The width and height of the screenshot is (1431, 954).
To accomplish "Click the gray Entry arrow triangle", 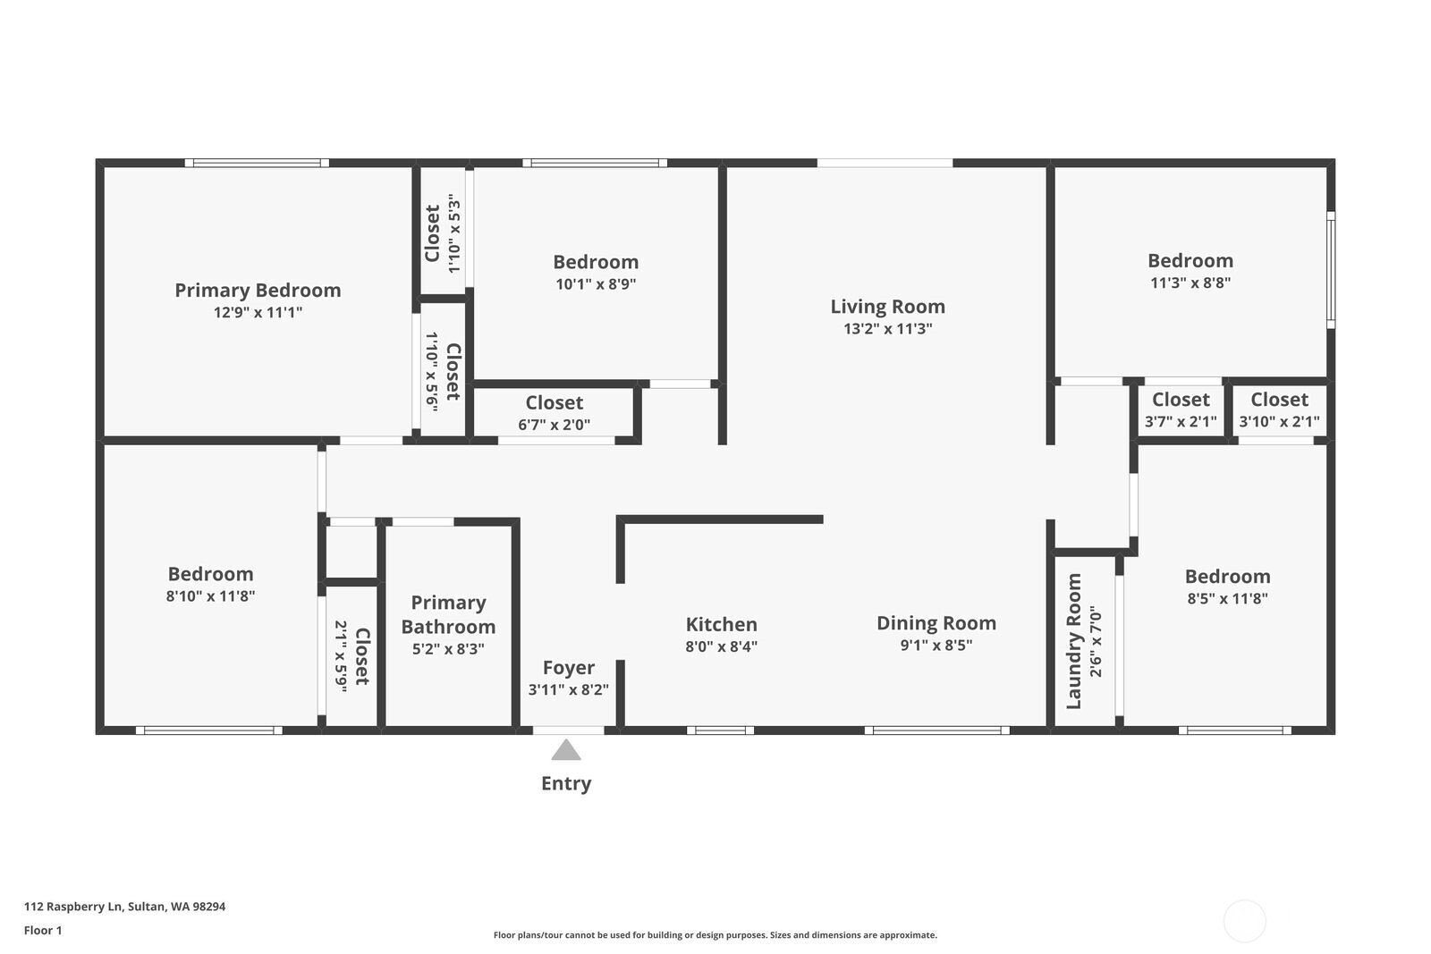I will pyautogui.click(x=565, y=750).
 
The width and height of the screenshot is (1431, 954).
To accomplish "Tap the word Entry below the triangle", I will pyautogui.click(x=566, y=784).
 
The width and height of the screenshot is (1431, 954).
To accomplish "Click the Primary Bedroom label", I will pyautogui.click(x=258, y=291).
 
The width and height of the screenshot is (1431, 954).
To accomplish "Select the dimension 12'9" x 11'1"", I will pyautogui.click(x=258, y=313).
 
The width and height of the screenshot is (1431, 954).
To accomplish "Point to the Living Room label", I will pyautogui.click(x=887, y=307).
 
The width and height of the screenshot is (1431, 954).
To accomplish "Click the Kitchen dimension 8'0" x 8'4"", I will pyautogui.click(x=721, y=646).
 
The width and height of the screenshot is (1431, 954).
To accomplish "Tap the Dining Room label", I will pyautogui.click(x=936, y=623).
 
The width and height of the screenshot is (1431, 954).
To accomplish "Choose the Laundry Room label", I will pyautogui.click(x=1074, y=641).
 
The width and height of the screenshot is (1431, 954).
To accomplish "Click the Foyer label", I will pyautogui.click(x=568, y=668).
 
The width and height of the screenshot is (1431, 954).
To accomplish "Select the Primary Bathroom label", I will pyautogui.click(x=448, y=615).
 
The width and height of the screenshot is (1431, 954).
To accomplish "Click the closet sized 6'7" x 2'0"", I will pyautogui.click(x=554, y=413).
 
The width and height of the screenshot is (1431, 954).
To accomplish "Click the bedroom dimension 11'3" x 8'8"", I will pyautogui.click(x=1190, y=283).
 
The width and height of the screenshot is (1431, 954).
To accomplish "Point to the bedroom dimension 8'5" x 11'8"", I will pyautogui.click(x=1227, y=599).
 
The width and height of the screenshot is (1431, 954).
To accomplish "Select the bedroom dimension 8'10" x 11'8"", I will pyautogui.click(x=210, y=596).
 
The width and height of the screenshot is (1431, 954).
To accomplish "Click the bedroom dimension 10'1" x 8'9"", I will pyautogui.click(x=595, y=284).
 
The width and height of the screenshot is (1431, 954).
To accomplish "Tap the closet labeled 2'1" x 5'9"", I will pyautogui.click(x=351, y=656).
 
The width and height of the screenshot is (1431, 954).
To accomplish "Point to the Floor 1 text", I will pyautogui.click(x=43, y=931).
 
